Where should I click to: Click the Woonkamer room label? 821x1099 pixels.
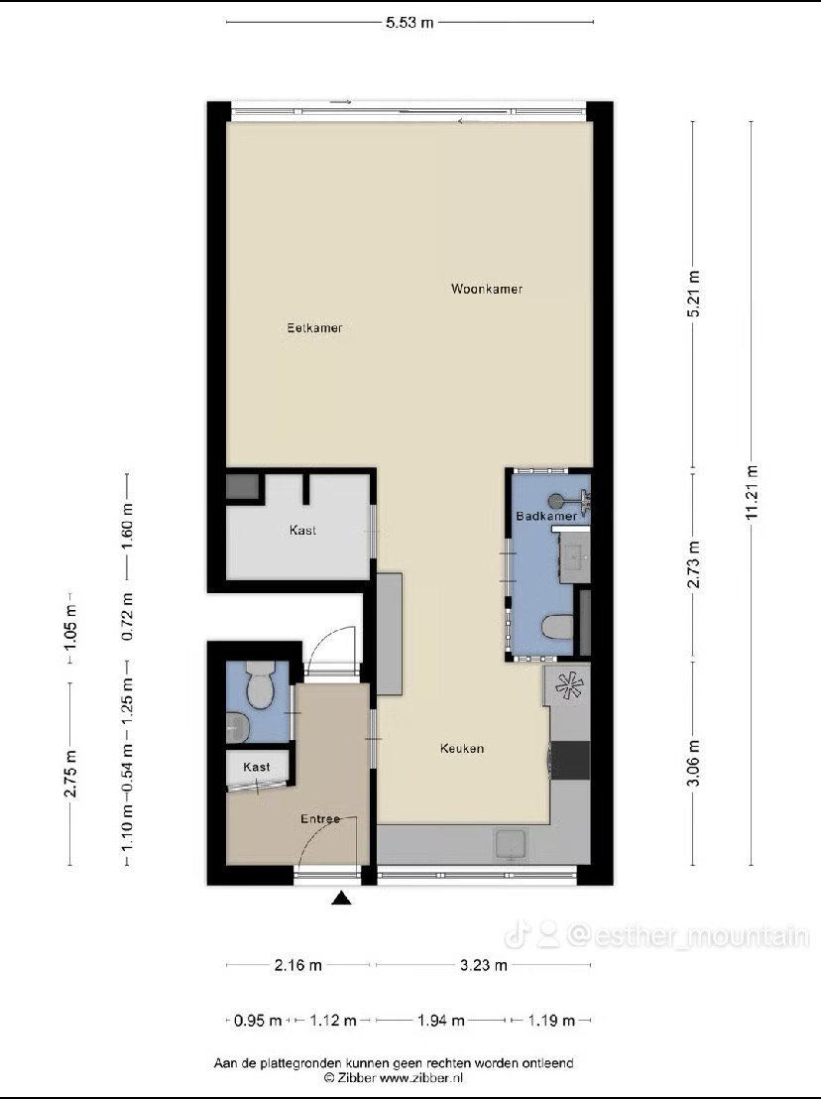click(x=487, y=289)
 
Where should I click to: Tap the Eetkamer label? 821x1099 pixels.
click(x=314, y=327)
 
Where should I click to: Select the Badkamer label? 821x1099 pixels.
click(x=546, y=516)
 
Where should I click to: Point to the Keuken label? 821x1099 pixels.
click(x=462, y=749)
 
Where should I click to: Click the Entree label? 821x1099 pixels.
click(x=320, y=818)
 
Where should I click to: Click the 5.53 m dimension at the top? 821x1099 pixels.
click(x=410, y=23)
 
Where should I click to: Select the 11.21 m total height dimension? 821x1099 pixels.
click(x=752, y=493)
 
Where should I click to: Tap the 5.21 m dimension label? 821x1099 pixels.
click(x=693, y=294)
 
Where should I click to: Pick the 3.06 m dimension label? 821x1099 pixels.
click(x=693, y=764)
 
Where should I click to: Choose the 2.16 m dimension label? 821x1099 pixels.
click(x=297, y=965)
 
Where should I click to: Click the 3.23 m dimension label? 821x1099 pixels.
click(x=483, y=965)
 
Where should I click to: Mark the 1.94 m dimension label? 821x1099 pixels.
click(x=440, y=1021)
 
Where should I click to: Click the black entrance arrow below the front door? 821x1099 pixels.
click(x=341, y=898)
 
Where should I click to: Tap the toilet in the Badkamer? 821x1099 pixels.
click(x=557, y=627)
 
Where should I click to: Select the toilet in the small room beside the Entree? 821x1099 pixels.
click(x=259, y=684)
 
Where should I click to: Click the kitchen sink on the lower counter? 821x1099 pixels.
click(x=511, y=844)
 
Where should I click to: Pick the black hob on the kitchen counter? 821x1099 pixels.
click(x=569, y=761)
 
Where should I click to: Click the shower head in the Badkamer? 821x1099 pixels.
click(x=555, y=501)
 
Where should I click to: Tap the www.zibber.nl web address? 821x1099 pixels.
click(x=421, y=1078)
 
